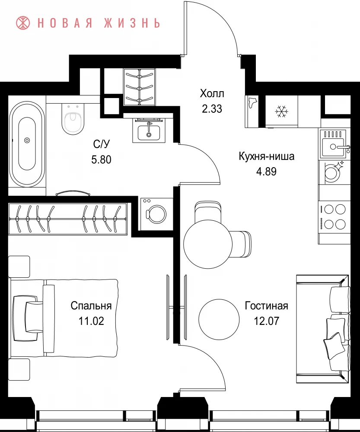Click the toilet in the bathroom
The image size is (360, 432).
click(x=73, y=118)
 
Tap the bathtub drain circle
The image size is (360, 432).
click(x=27, y=140)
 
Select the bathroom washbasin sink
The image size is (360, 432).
click(x=149, y=130)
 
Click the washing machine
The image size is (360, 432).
click(x=156, y=214)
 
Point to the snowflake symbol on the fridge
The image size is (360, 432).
click(x=281, y=111)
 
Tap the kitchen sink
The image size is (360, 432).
click(x=334, y=143)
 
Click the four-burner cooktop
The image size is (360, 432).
click(x=334, y=217)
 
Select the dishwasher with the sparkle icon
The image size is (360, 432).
click(x=334, y=172)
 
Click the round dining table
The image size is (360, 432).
click(x=208, y=244)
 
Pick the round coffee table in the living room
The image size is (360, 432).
click(x=219, y=319)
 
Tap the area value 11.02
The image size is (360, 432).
click(x=91, y=321)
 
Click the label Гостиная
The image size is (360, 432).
click(x=266, y=305)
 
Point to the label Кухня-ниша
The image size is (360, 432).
click(x=266, y=156)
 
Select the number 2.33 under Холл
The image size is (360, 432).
click(x=212, y=109)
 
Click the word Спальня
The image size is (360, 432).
click(x=91, y=305)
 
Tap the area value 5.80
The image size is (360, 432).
click(x=101, y=159)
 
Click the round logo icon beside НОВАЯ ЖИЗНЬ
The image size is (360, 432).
click(x=23, y=23)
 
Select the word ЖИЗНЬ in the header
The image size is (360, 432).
click(x=132, y=23)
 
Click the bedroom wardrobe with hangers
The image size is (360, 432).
click(x=68, y=219)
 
